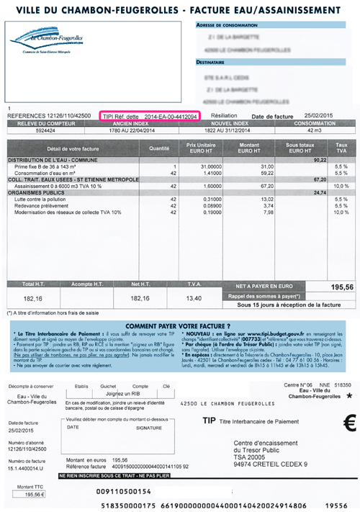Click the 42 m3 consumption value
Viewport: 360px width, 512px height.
click(x=313, y=130)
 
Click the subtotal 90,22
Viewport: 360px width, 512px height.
click(x=318, y=160)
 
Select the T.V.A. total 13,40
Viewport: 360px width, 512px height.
click(x=196, y=297)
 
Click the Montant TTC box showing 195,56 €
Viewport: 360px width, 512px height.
click(x=26, y=495)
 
